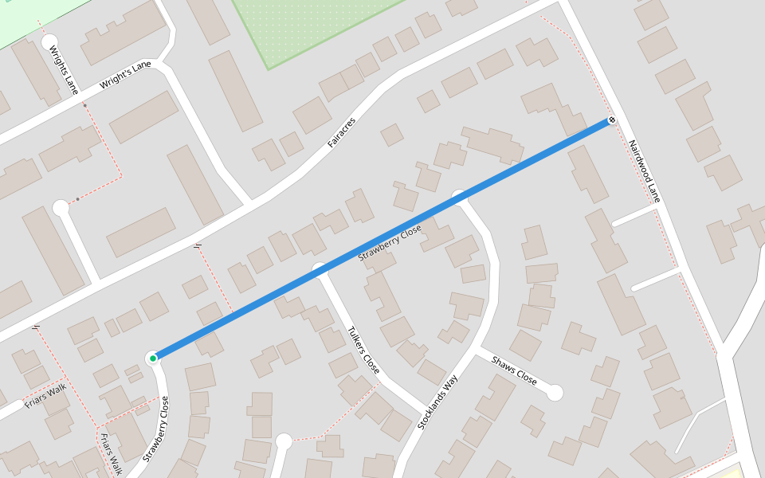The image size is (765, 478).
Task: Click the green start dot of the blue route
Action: [152, 358]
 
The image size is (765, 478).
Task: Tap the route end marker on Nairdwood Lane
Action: [612, 120]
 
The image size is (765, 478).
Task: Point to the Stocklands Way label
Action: [437, 402]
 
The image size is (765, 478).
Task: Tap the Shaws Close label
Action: [514, 370]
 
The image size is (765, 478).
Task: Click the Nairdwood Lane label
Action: [644, 170]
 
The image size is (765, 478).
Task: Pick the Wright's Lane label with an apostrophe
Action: [125, 76]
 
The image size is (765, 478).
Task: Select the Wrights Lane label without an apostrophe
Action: [64, 69]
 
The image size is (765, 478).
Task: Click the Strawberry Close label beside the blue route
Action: [389, 244]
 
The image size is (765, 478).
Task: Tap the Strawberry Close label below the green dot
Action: [156, 430]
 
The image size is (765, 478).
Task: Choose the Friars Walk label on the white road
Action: [45, 394]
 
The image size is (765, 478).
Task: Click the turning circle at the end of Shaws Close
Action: [555, 393]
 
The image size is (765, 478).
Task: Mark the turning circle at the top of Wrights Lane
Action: [49, 41]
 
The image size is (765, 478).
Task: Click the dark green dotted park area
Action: [311, 28]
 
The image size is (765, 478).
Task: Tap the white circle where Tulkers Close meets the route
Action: [320, 268]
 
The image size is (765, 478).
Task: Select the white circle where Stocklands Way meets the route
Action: [459, 196]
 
